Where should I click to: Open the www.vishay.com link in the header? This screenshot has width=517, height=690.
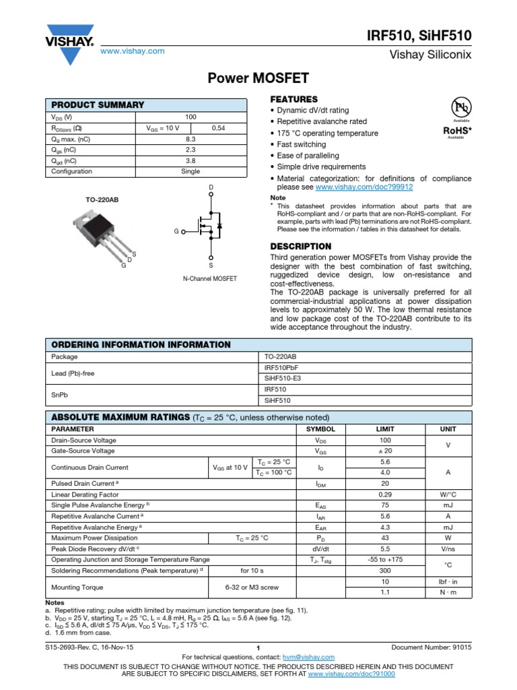click(133, 51)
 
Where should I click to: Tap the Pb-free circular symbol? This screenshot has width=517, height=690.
click(460, 108)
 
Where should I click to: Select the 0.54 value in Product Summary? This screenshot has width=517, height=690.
click(219, 127)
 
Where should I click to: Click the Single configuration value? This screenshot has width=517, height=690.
click(191, 171)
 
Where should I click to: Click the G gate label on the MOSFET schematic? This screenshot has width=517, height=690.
click(176, 231)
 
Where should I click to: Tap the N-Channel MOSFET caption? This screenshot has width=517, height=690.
click(210, 278)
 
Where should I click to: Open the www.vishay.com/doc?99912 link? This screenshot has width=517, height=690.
click(364, 187)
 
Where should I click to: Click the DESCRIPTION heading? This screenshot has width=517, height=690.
click(300, 247)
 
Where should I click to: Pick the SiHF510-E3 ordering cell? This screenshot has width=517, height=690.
click(283, 378)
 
